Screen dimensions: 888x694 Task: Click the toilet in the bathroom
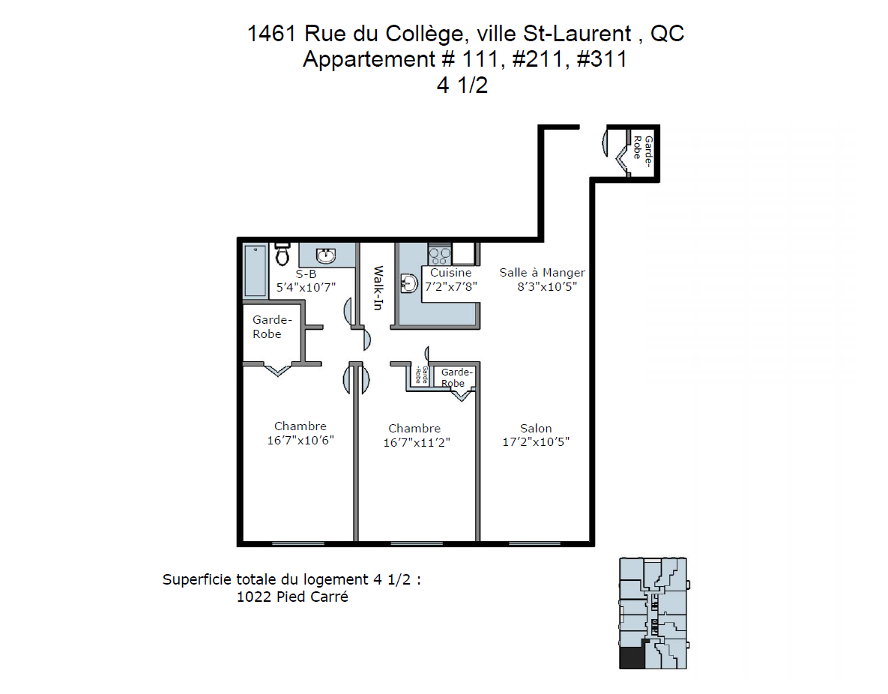283,254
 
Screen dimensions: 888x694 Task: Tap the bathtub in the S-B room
256,271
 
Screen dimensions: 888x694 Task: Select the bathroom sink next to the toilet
326,256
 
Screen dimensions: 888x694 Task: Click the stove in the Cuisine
440,254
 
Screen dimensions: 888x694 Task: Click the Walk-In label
378,288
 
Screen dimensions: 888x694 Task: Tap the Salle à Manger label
542,273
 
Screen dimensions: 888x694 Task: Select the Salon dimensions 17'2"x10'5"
536,442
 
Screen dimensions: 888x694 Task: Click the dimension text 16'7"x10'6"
300,440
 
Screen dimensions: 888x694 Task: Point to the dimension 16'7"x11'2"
417,442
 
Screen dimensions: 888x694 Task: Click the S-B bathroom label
306,274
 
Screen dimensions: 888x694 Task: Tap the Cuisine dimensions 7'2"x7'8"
451,286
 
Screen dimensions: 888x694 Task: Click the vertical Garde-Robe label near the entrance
643,150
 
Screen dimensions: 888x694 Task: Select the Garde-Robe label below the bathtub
272,327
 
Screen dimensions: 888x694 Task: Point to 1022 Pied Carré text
292,597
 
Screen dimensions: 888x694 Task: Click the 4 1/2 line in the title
462,85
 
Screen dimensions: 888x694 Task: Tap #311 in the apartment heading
602,59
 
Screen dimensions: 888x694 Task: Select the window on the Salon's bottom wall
534,543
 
